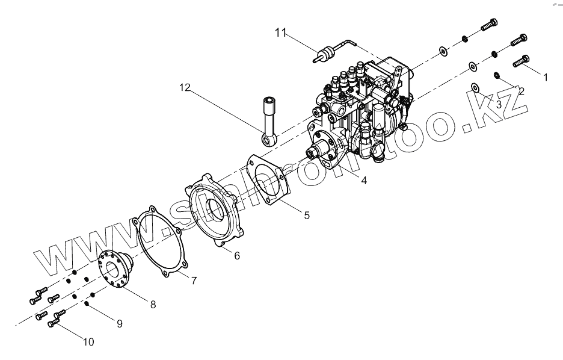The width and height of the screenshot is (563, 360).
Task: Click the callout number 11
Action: pyautogui.click(x=281, y=33)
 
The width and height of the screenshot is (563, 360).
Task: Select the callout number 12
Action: pyautogui.click(x=184, y=88)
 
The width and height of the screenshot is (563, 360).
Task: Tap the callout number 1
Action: pyautogui.click(x=546, y=77)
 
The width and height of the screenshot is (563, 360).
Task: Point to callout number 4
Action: pyautogui.click(x=364, y=180)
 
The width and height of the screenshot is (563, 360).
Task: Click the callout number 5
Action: pyautogui.click(x=307, y=215)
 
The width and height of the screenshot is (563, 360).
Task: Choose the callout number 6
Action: pyautogui.click(x=237, y=255)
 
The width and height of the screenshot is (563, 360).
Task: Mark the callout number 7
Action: pyautogui.click(x=194, y=281)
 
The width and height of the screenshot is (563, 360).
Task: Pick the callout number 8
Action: pyautogui.click(x=153, y=305)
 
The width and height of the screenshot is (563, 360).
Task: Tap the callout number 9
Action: pyautogui.click(x=119, y=324)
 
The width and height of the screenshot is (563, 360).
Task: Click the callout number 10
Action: pyautogui.click(x=88, y=342)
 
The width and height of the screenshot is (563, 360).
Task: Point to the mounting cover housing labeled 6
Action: pyautogui.click(x=217, y=211)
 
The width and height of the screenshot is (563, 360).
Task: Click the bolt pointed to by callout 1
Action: pyautogui.click(x=521, y=61)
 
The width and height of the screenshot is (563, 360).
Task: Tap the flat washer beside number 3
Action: pyautogui.click(x=475, y=88)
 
